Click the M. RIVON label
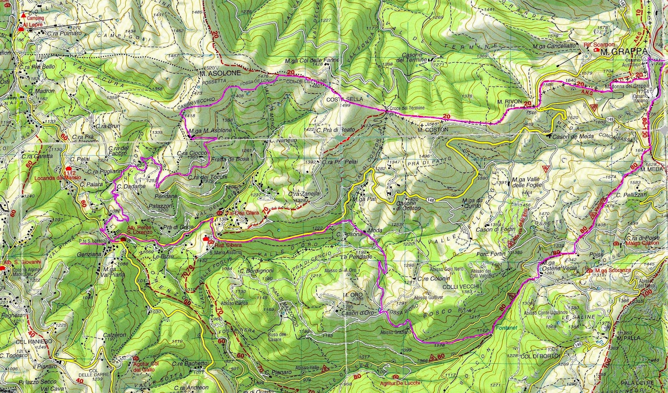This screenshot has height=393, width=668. click(507, 101)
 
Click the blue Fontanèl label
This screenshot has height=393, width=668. click(507, 328)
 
